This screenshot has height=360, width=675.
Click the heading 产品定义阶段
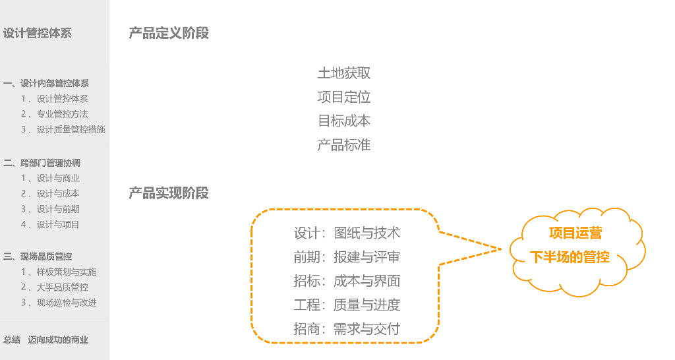[169, 33]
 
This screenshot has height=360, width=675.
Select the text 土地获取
[344, 73]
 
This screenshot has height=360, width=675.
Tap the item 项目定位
[344, 98]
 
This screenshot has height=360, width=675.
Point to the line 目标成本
[344, 121]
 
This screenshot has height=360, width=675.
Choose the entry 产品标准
[344, 145]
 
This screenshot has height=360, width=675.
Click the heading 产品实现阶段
[169, 193]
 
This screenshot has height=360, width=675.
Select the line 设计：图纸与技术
[347, 233]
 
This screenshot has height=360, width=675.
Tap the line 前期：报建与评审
[347, 257]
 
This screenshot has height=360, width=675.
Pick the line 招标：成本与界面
[347, 281]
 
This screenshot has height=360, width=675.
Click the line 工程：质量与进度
[347, 305]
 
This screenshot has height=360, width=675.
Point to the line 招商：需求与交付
[347, 328]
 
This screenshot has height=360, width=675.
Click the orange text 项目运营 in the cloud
[575, 233]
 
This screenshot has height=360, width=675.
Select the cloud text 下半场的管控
[570, 257]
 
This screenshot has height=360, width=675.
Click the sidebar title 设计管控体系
[38, 33]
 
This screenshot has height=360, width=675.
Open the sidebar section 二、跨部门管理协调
[42, 163]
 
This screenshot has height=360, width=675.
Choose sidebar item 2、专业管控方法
[54, 114]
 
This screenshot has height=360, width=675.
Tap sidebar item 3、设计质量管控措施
[63, 129]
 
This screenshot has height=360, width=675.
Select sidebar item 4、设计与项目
[50, 224]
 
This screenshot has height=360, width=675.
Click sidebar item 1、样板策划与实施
[59, 272]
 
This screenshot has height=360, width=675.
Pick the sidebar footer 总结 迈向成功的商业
[45, 340]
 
